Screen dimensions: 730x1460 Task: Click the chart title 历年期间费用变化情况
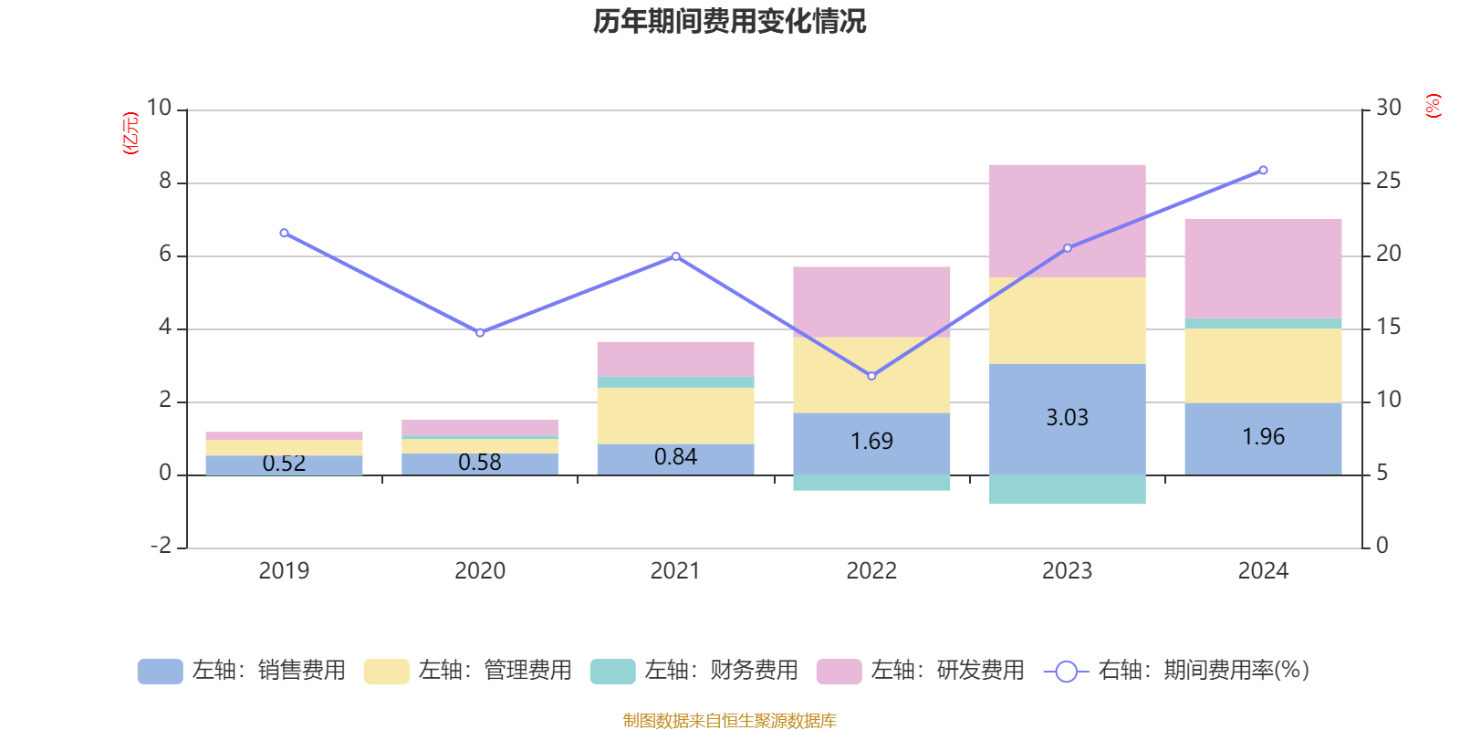coord(729,21)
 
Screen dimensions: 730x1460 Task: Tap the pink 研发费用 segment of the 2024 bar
coord(1263,268)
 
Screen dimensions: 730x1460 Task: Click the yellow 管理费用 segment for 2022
coord(871,375)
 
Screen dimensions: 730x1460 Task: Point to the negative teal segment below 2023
coord(1067,489)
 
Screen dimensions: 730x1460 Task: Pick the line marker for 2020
coord(480,333)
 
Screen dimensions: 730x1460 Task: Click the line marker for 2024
coord(1263,170)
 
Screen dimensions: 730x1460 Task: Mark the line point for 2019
coord(284,233)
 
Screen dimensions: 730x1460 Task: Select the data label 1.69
coord(871,442)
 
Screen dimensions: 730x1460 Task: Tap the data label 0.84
coord(675,457)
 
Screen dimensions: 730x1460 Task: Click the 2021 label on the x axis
coord(675,571)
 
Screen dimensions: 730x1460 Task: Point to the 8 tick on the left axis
coord(165,182)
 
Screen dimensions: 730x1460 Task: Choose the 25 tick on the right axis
coord(1388,182)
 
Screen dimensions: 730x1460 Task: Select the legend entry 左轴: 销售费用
coord(242,671)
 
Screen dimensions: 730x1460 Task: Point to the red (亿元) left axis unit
coord(130,133)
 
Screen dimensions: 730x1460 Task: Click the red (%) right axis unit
coord(1433,106)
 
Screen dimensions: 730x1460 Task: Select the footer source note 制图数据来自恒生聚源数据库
coord(729,721)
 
